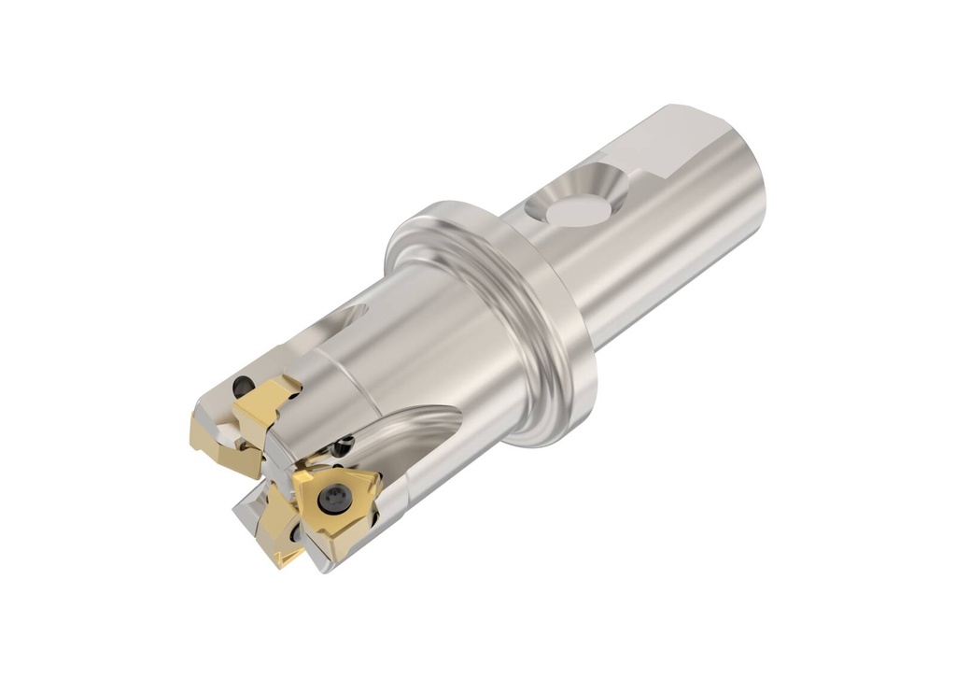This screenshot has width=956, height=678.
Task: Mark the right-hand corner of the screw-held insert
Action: point(378,478)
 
